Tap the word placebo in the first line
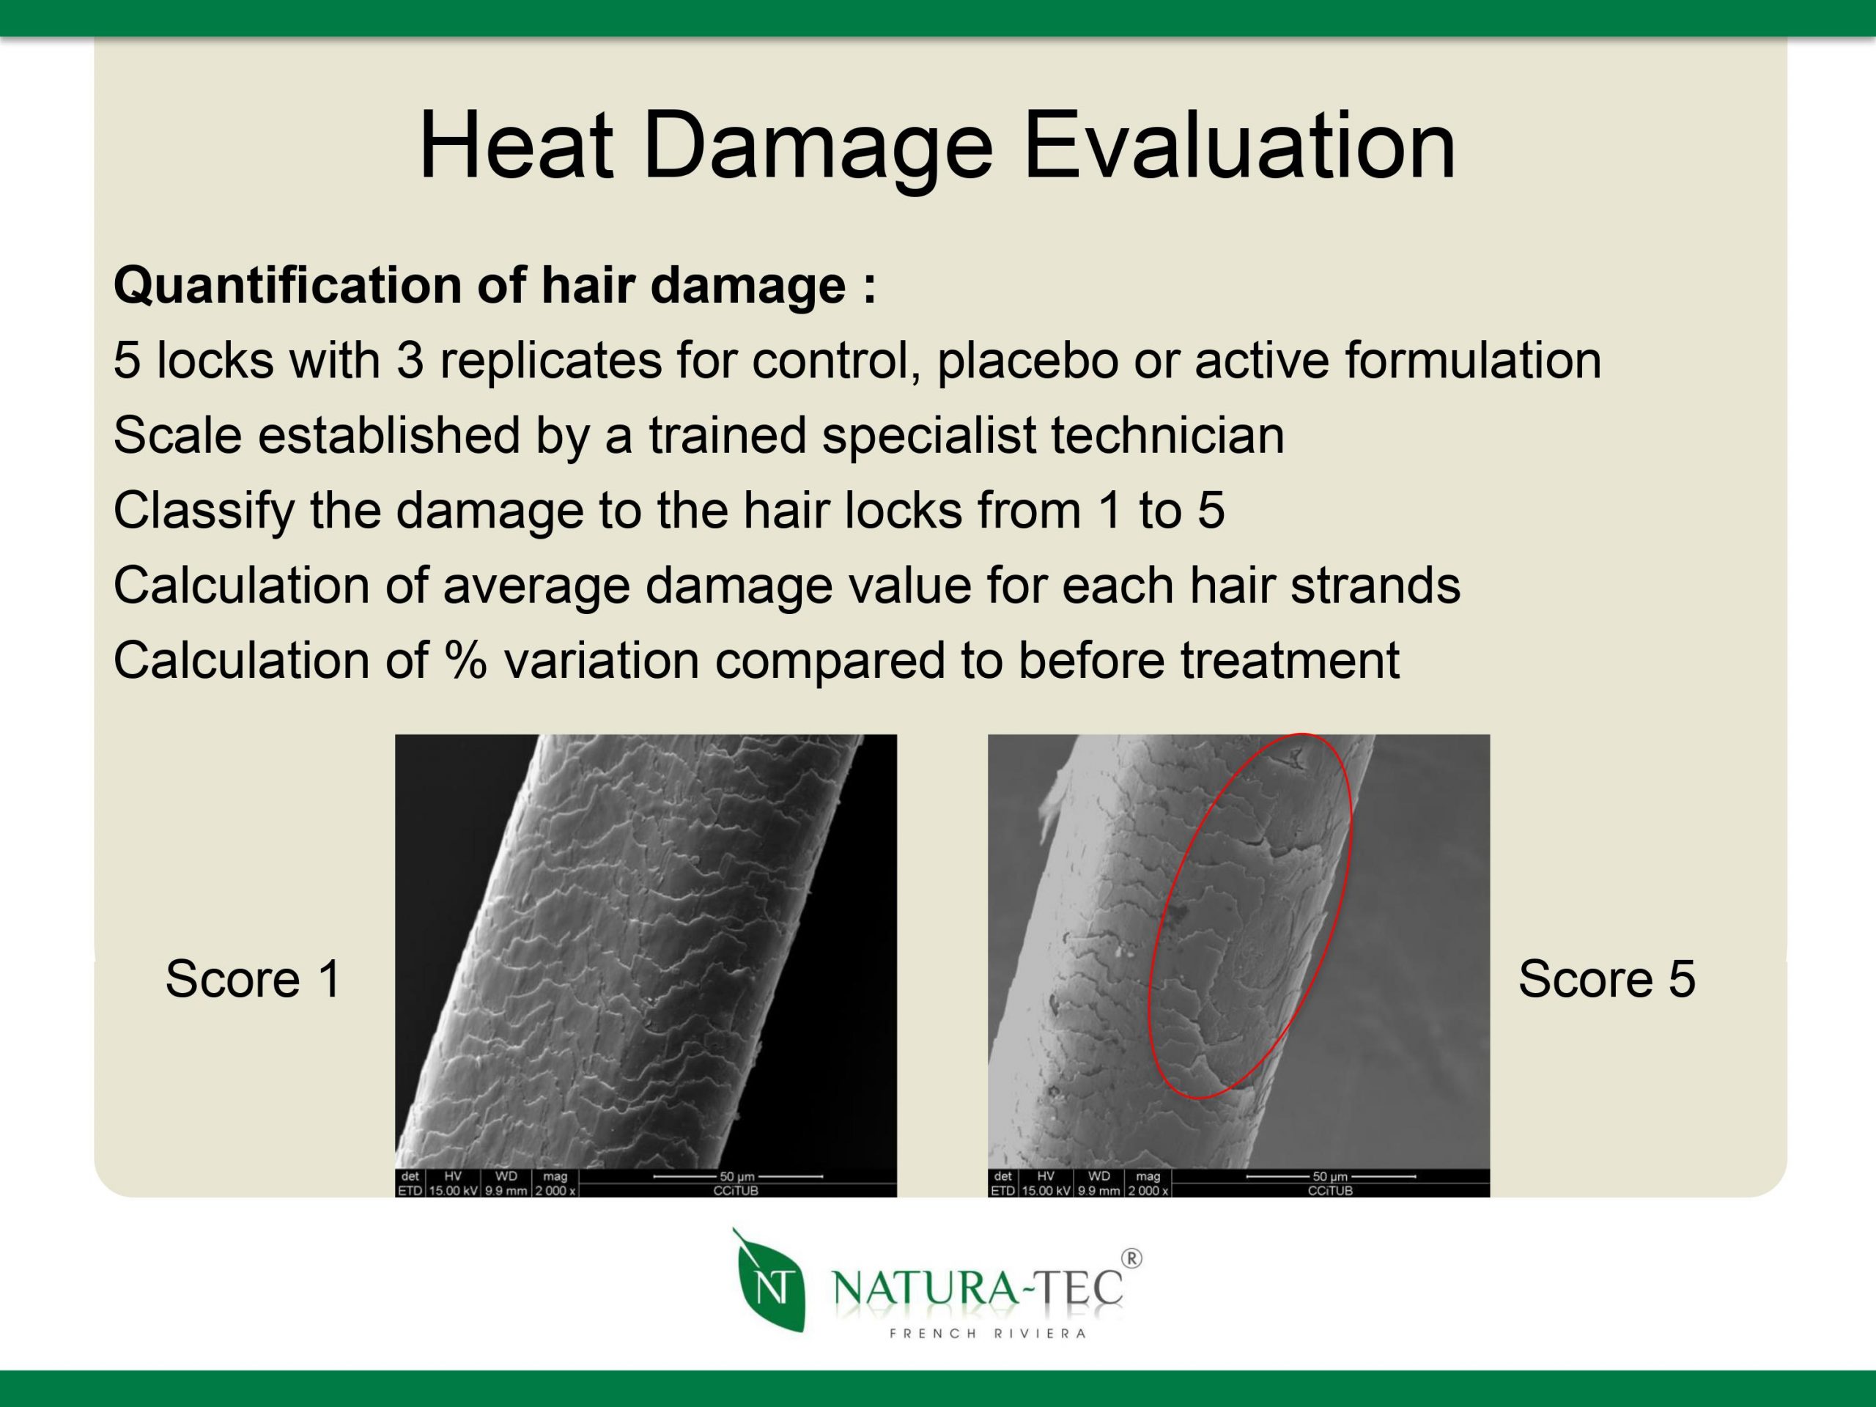[x=1028, y=361]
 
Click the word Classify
[x=204, y=512]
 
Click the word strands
[x=1375, y=586]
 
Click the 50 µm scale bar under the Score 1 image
[x=738, y=1176]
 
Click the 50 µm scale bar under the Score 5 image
[x=1331, y=1176]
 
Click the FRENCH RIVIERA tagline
[x=987, y=1333]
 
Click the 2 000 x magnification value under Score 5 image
[x=1148, y=1190]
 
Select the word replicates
[x=550, y=361]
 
